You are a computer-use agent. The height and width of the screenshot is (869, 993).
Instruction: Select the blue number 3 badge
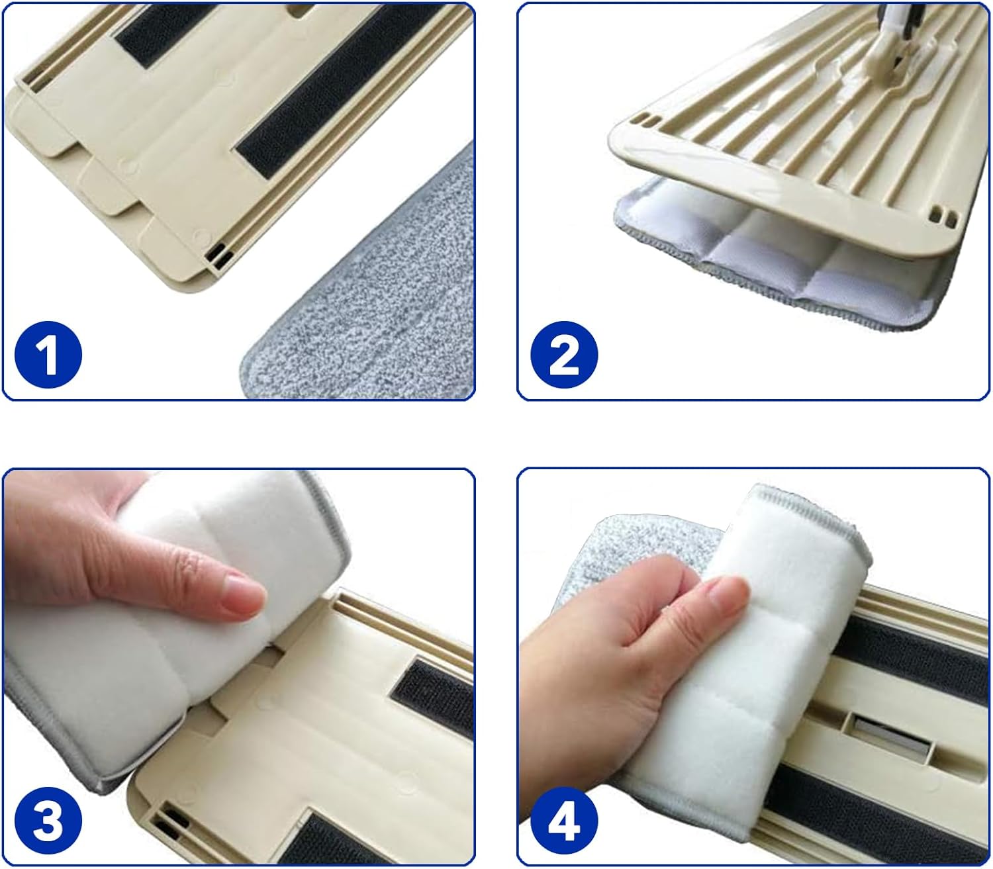point(48,823)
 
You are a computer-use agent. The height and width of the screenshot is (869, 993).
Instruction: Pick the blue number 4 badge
point(564,823)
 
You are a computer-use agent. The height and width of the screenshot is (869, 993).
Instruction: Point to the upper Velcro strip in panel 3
point(434,695)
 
